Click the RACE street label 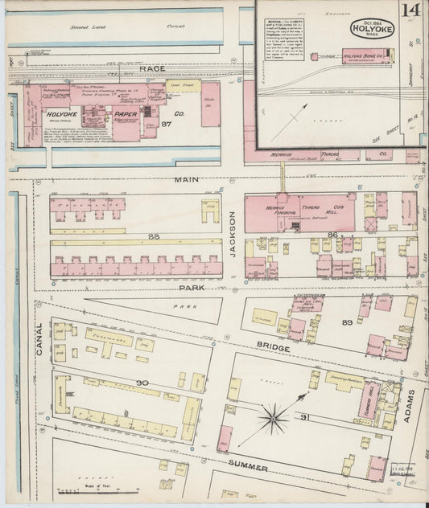(x=152, y=70)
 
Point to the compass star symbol (x=274, y=417)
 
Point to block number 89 (x=348, y=322)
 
